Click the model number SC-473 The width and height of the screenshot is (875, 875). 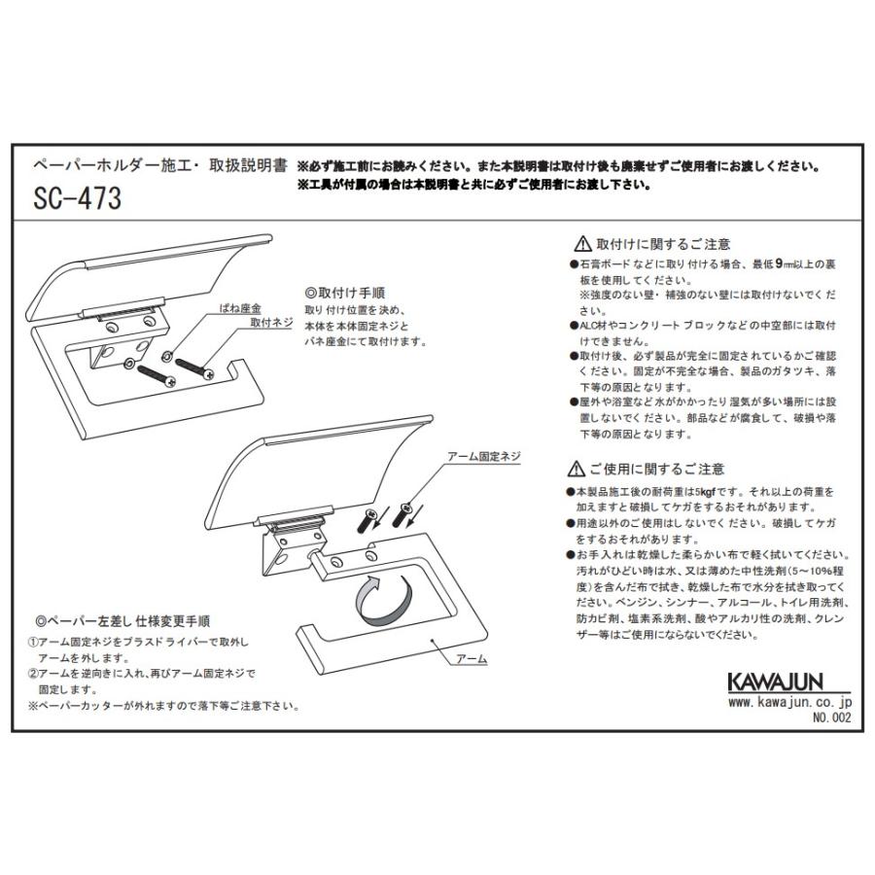(x=78, y=198)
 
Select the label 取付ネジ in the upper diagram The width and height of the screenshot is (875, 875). (x=268, y=322)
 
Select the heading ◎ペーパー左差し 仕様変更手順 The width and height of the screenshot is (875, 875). (x=122, y=619)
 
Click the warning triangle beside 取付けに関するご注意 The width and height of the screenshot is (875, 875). (x=582, y=244)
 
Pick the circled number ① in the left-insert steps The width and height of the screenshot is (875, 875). (x=32, y=643)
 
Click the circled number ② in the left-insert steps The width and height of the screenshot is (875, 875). (x=32, y=673)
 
